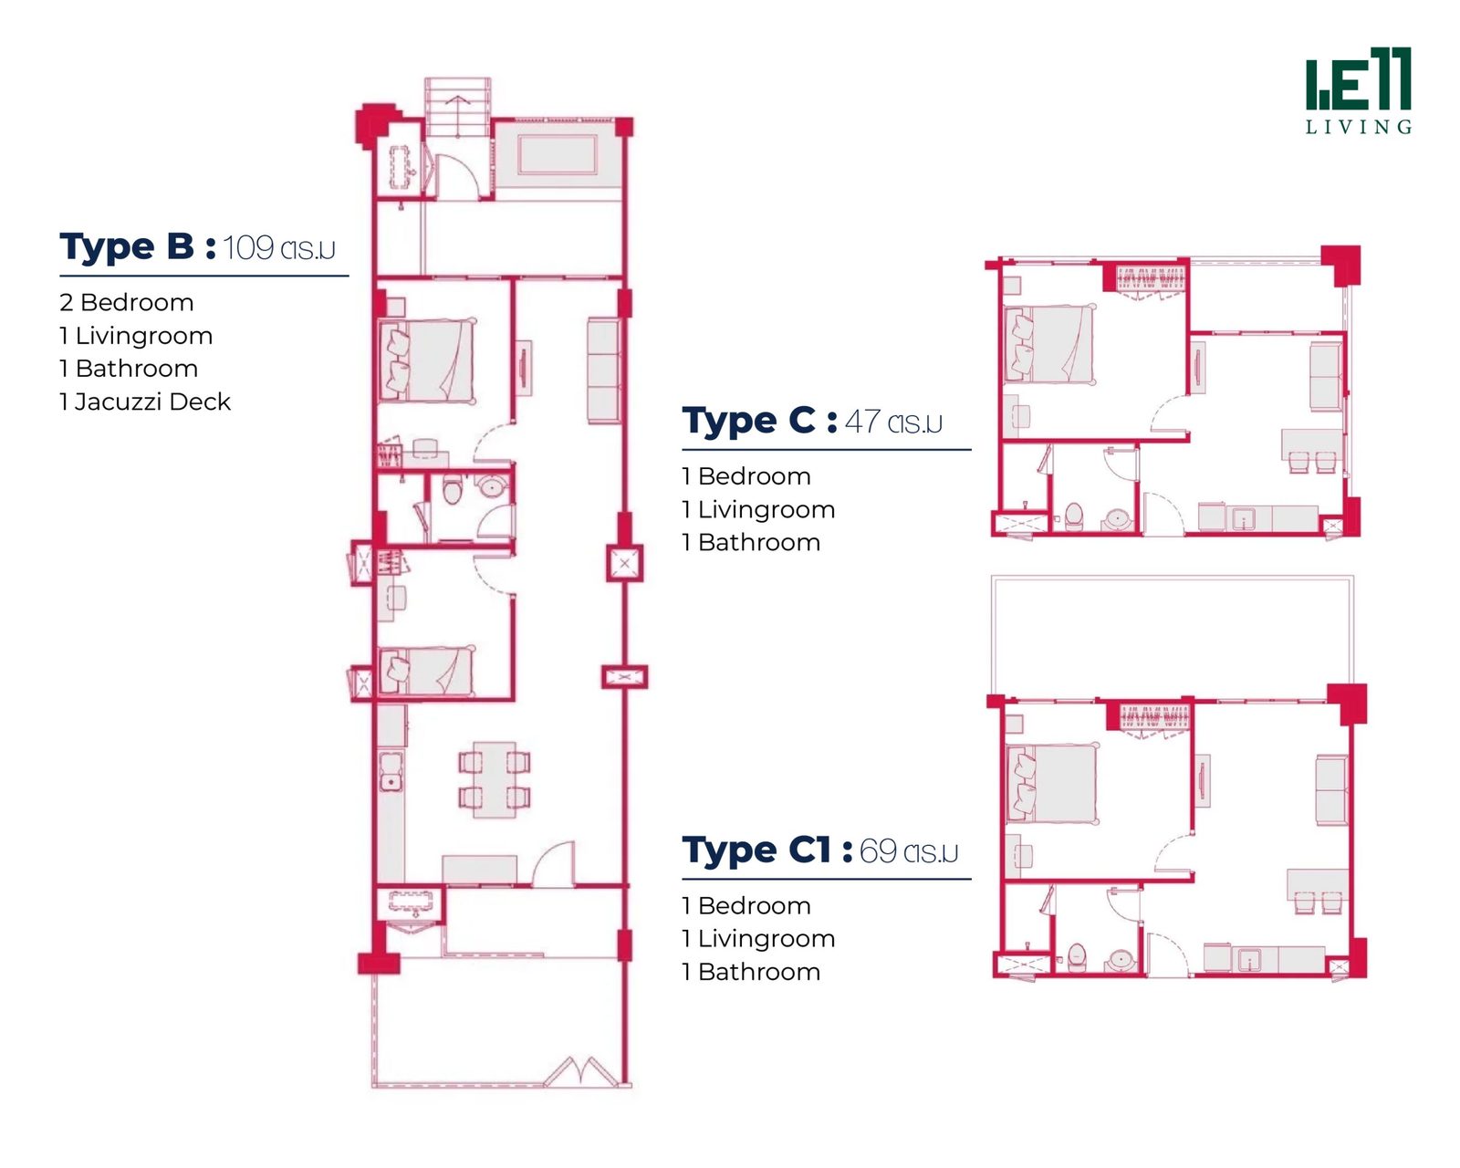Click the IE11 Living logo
click(1358, 90)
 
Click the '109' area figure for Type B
click(248, 247)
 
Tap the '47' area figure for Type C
click(862, 422)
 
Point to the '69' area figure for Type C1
click(878, 851)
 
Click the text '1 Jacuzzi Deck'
click(145, 401)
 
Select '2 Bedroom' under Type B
click(127, 302)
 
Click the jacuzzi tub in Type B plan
click(557, 155)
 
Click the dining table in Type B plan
click(495, 780)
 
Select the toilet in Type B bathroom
click(453, 489)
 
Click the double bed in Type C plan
click(1048, 343)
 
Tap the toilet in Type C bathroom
click(1073, 516)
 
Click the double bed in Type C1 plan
click(1052, 784)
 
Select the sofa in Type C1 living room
click(1331, 790)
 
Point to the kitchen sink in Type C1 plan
click(1248, 960)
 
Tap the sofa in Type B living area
click(603, 370)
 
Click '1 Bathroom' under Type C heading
click(751, 542)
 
